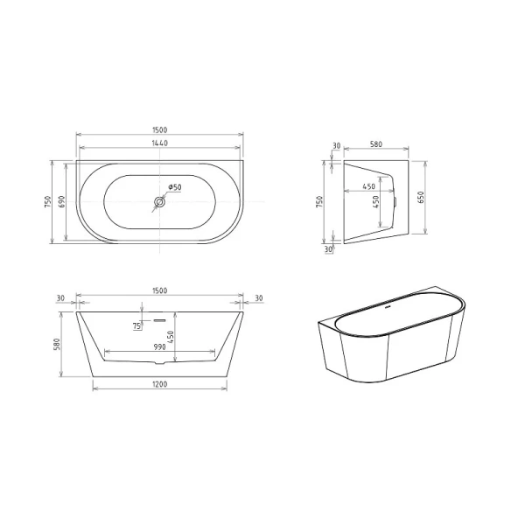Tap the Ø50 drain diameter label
coord(174,186)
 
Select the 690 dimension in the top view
coord(61,201)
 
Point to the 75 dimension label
coord(137,326)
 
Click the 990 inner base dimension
coord(160,347)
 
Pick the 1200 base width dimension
coord(160,384)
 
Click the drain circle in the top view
coord(159,203)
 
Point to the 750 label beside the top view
coord(46,201)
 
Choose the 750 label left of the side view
coord(321,202)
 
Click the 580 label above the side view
coord(376,145)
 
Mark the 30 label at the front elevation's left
coord(61,298)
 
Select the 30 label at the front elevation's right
coord(259,298)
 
